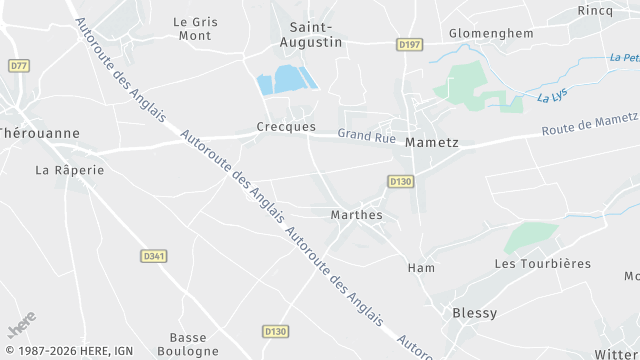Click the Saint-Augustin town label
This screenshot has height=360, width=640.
click(x=315, y=34)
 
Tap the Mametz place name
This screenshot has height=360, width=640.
click(x=432, y=143)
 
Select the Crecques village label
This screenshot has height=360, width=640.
click(x=286, y=127)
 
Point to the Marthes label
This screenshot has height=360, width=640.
click(x=356, y=215)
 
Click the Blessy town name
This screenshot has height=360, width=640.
click(x=475, y=313)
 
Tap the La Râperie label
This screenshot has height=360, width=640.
click(x=70, y=170)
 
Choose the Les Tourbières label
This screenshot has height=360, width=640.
click(x=543, y=264)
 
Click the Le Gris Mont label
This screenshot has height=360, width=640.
click(x=194, y=28)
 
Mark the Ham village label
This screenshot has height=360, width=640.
click(x=421, y=268)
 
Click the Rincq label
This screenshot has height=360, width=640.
click(x=595, y=10)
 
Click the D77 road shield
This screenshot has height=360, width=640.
click(x=18, y=66)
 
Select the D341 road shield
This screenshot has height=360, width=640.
click(x=153, y=256)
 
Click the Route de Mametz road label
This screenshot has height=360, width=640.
click(x=589, y=125)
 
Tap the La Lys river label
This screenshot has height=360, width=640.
click(x=551, y=97)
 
